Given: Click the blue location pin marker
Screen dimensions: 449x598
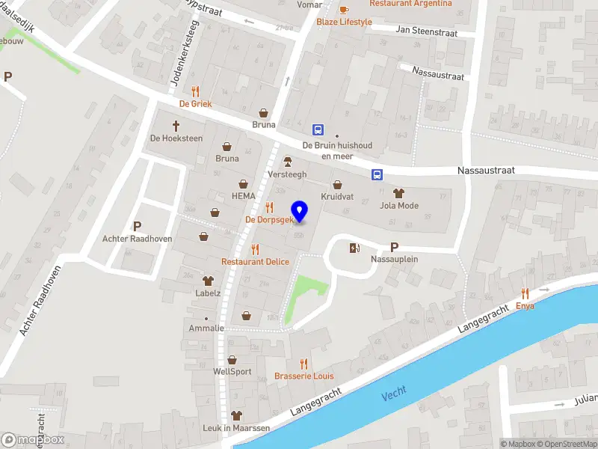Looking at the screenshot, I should [x=300, y=211].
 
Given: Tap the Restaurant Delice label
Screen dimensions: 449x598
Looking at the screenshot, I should [x=255, y=261].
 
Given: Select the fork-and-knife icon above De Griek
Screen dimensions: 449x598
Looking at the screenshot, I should [x=196, y=91].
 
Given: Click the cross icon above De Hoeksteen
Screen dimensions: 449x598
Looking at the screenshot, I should [x=176, y=126].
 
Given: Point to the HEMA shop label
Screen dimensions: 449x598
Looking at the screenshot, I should [x=244, y=196].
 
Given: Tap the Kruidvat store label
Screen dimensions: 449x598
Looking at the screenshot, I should [x=337, y=195].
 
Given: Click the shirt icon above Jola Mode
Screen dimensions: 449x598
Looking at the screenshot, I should [x=398, y=193].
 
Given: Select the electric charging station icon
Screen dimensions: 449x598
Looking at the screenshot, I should [x=354, y=248].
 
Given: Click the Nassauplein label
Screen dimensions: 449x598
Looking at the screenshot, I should [x=394, y=259].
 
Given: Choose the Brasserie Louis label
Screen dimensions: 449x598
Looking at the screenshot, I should [x=304, y=376].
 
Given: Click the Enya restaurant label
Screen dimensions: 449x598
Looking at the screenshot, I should [x=525, y=306].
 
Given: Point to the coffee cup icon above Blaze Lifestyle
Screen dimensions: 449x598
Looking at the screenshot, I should [x=344, y=10].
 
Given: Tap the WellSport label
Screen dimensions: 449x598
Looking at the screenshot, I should [x=232, y=371].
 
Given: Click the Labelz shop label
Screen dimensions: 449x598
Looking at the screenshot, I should [x=208, y=293].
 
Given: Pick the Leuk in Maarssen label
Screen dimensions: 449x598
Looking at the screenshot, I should [x=237, y=427].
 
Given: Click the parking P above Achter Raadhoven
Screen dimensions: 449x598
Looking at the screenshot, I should [x=137, y=226].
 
